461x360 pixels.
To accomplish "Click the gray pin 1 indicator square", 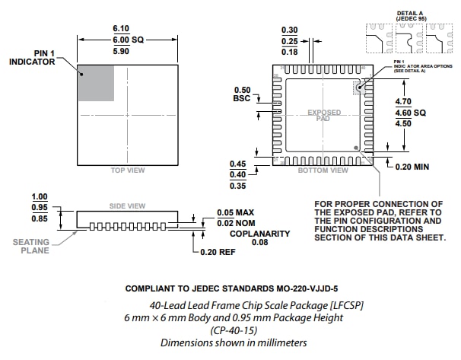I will [96, 82].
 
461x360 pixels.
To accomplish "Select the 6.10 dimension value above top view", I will [128, 27].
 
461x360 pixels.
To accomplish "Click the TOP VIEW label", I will [127, 170].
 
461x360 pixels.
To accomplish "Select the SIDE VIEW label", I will [127, 206].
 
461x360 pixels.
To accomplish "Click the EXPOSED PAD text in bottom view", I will [323, 116].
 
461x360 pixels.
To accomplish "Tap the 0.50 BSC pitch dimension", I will [241, 94].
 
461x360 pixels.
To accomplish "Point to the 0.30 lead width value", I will [310, 30].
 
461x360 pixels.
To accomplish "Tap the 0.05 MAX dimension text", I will [235, 212].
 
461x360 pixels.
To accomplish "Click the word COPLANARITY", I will [261, 234].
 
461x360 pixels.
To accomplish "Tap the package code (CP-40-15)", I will [234, 330].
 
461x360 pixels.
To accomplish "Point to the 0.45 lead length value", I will [237, 164].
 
